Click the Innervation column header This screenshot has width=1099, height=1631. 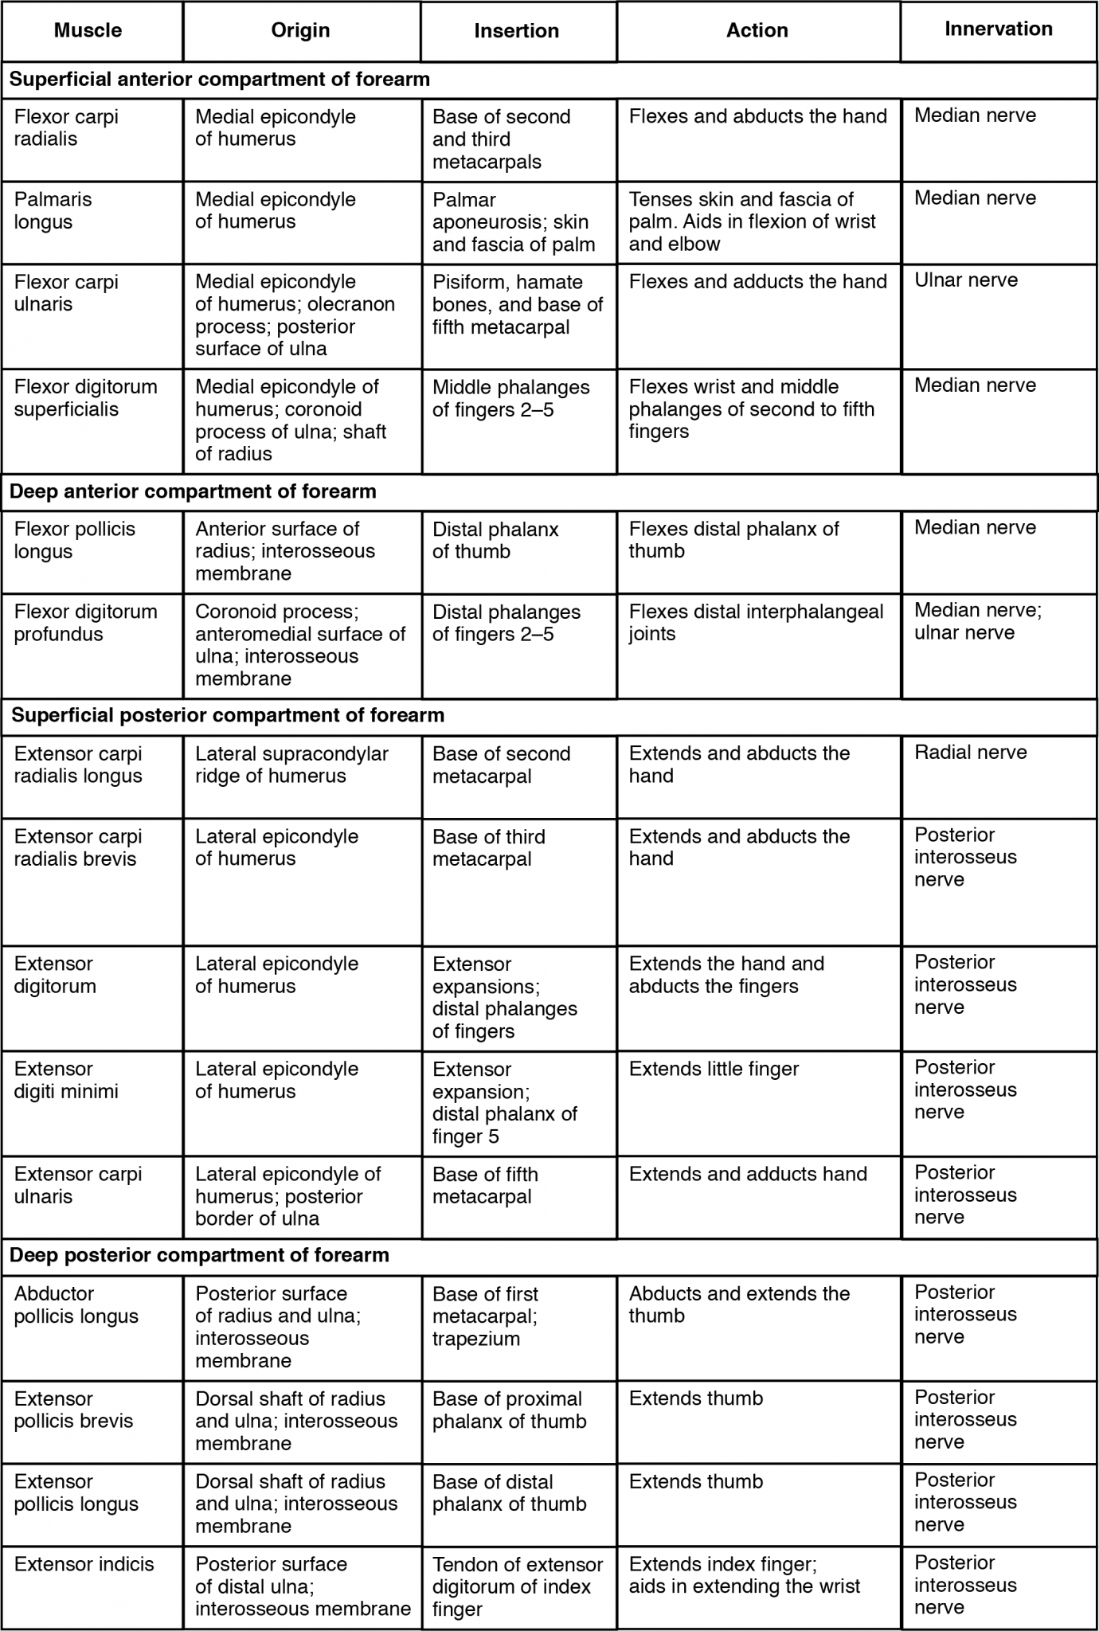pos(998,29)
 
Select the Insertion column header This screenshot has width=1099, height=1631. pos(516,31)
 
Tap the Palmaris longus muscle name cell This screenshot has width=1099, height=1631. pos(53,210)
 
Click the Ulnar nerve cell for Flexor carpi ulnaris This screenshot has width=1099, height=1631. pos(965,280)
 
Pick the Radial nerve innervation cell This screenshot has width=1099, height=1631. pos(970,753)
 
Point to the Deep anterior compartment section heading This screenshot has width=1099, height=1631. pos(193,491)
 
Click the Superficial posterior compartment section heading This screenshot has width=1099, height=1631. pos(228,715)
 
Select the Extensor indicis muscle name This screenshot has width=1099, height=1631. pos(84,1564)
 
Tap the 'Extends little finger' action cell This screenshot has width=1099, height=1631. pos(714,1069)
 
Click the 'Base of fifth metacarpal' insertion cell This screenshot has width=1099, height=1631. pos(485,1185)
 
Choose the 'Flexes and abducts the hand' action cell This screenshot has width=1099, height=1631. pos(757,116)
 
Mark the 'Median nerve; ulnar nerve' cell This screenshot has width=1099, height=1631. pos(977,621)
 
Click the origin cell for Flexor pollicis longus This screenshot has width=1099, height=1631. pos(284,551)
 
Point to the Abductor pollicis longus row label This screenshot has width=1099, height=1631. pos(76,1304)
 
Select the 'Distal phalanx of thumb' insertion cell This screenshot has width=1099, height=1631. pos(495,540)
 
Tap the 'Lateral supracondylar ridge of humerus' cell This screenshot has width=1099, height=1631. pos(291,765)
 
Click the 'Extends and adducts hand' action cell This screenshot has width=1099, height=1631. pos(748,1174)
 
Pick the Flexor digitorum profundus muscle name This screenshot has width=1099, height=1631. pos(85,623)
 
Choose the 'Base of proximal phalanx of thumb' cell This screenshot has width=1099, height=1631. pos(509,1410)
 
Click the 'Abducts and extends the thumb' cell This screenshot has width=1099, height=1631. pos(739,1304)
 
